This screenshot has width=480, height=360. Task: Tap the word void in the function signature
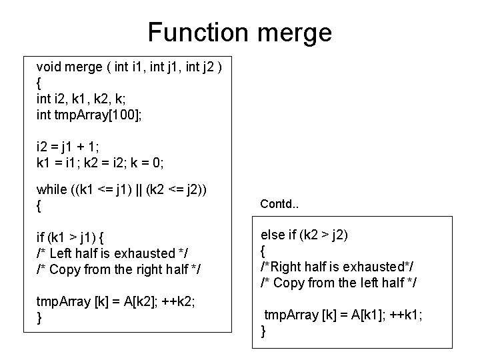(48, 67)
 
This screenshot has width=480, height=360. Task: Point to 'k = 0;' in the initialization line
(149, 163)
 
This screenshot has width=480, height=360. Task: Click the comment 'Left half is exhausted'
(107, 254)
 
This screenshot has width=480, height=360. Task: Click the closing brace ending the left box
(39, 318)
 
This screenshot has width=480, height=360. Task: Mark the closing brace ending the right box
(264, 331)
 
